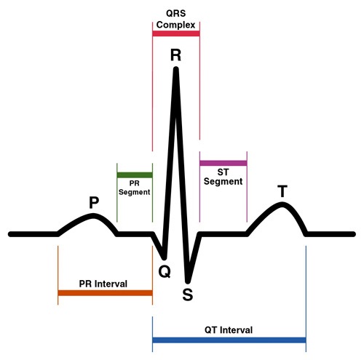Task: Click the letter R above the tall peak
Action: click(175, 55)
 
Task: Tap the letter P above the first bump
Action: click(94, 202)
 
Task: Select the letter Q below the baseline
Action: click(165, 272)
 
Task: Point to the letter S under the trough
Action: click(188, 295)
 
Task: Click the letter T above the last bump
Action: click(282, 191)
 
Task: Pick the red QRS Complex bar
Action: click(176, 33)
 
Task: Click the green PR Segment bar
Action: click(135, 175)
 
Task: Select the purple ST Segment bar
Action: click(223, 163)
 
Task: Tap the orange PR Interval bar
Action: click(105, 293)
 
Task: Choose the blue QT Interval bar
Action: click(229, 340)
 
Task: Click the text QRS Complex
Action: click(175, 19)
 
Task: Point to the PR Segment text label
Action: click(134, 188)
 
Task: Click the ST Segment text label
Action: click(223, 177)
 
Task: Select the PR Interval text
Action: click(103, 284)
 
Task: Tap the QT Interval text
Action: click(229, 330)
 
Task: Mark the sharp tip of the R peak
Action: click(176, 69)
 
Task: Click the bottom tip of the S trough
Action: click(187, 281)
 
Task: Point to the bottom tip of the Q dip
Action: click(165, 257)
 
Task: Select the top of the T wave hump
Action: click(282, 204)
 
